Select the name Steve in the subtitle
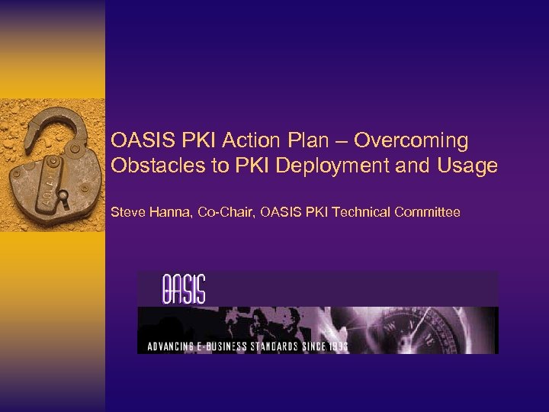pyautogui.click(x=127, y=212)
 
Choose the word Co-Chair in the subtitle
pyautogui.click(x=226, y=212)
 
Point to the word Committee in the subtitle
pyautogui.click(x=428, y=212)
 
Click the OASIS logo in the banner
pyautogui.click(x=183, y=289)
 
